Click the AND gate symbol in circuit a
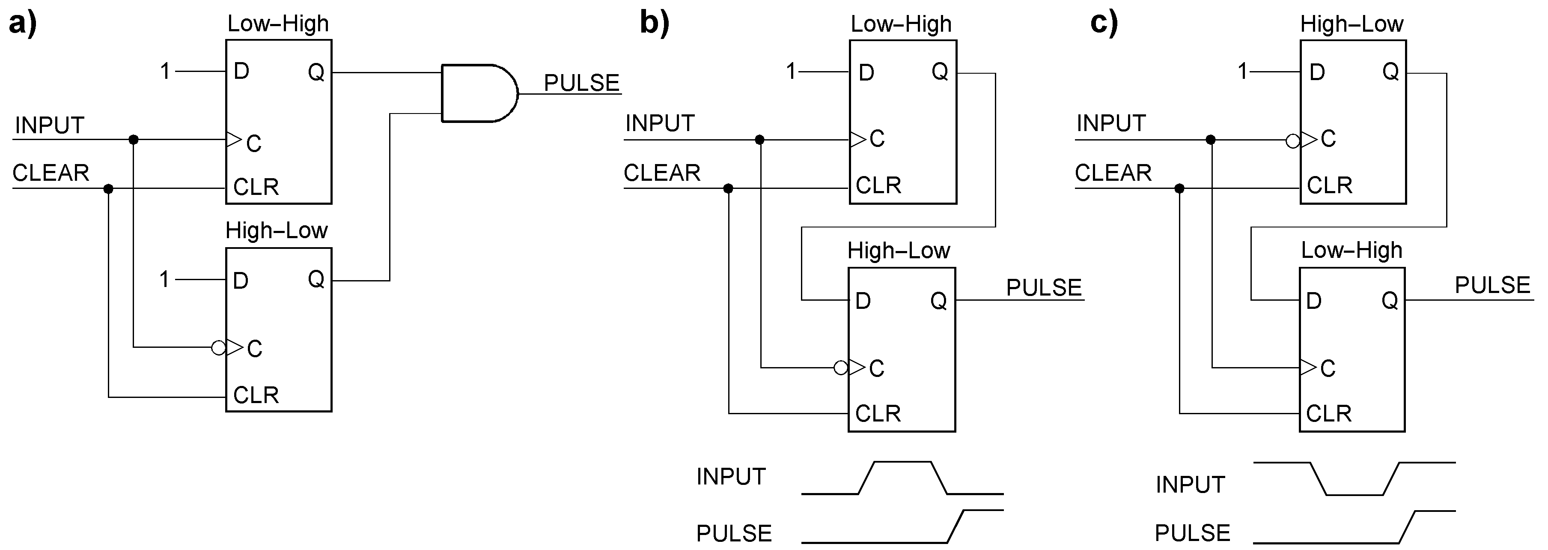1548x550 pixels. point(478,93)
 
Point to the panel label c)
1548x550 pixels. point(1104,24)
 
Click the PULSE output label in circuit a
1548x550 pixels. point(581,83)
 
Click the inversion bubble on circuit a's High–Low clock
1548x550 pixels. point(219,347)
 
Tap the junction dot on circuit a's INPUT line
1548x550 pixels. point(134,140)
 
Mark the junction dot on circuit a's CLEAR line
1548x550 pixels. point(108,189)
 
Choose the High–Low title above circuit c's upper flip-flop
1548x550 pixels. point(1352,24)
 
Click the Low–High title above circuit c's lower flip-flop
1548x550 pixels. point(1351,250)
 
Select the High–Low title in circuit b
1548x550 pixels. point(899,251)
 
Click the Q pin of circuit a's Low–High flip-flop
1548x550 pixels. point(316,72)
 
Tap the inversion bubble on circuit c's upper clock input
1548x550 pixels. point(1292,141)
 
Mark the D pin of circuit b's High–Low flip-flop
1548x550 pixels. point(863,301)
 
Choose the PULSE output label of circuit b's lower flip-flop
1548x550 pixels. point(1044,288)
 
